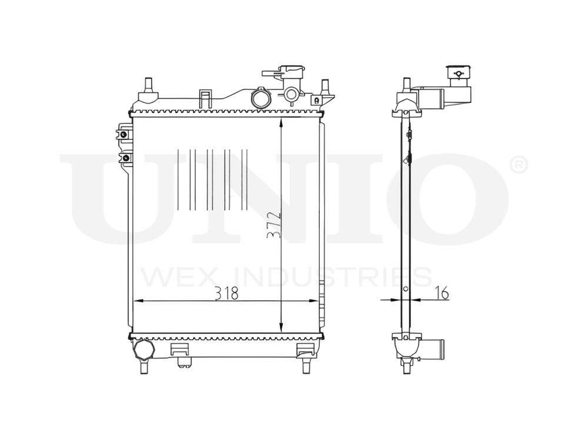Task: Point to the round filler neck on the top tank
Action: coord(260,98)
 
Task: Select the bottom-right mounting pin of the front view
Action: coord(306,365)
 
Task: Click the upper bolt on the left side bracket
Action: coord(123,134)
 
